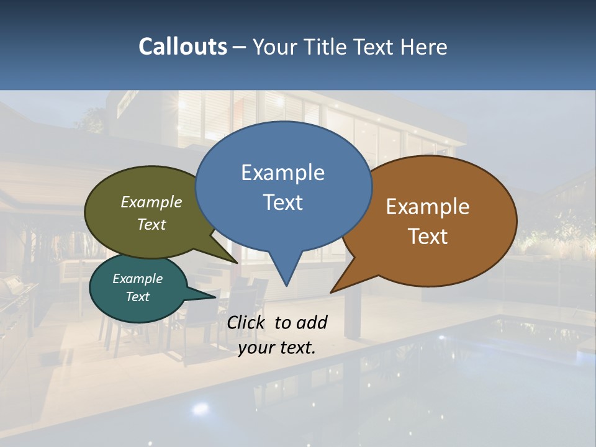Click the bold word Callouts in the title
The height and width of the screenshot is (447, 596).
(183, 47)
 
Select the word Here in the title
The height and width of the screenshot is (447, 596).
(424, 47)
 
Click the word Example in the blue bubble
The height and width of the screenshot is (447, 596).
(282, 173)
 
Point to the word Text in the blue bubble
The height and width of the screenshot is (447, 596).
(282, 202)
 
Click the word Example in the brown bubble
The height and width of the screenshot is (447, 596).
(428, 207)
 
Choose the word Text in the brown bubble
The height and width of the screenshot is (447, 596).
(428, 237)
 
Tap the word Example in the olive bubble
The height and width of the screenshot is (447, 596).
(151, 202)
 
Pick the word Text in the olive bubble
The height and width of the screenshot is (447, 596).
(151, 224)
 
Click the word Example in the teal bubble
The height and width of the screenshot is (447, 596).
(137, 279)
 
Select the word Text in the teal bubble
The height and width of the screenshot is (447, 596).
(137, 297)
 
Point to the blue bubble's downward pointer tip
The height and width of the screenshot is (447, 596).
(286, 285)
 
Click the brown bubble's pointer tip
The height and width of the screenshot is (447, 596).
(332, 292)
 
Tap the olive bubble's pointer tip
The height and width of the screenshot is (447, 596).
(237, 263)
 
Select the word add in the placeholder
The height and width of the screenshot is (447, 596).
(312, 322)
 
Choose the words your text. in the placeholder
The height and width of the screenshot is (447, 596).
(277, 348)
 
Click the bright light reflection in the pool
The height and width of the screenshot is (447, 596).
(200, 409)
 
